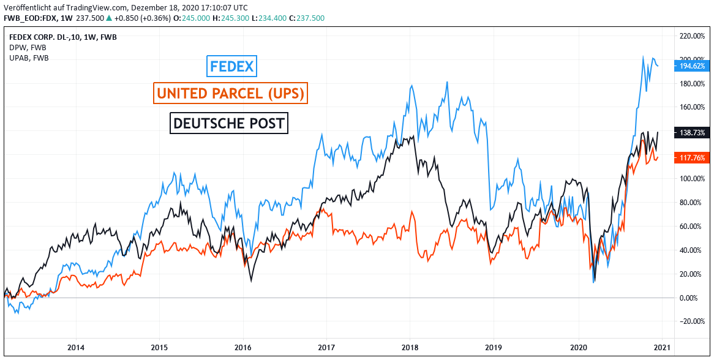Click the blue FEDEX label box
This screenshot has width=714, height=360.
click(x=231, y=66)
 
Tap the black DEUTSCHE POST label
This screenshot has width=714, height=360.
click(x=229, y=123)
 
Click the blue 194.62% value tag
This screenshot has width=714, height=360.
click(x=692, y=66)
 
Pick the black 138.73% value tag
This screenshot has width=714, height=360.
click(x=692, y=132)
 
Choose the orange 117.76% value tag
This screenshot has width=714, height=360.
click(x=692, y=157)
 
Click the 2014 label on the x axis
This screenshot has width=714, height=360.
click(x=76, y=347)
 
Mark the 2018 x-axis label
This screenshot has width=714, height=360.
click(x=410, y=347)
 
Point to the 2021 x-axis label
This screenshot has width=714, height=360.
click(x=661, y=347)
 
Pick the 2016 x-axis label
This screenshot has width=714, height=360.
click(x=243, y=347)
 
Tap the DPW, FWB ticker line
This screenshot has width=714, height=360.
click(x=28, y=47)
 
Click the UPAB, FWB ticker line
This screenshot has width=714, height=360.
click(x=29, y=58)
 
